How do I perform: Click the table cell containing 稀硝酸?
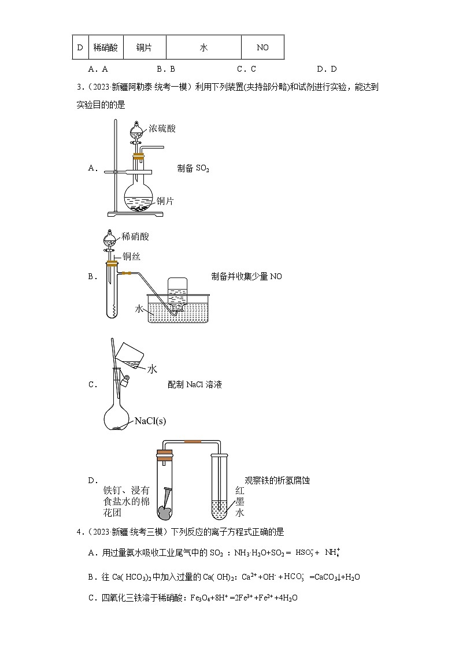[105, 48]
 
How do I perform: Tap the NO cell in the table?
[262, 48]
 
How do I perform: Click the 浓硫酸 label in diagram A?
[162, 128]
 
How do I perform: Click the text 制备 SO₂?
[193, 168]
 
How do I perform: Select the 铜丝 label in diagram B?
[131, 257]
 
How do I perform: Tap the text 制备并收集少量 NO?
[247, 276]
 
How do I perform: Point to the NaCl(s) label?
[150, 421]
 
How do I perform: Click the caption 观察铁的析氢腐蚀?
[277, 480]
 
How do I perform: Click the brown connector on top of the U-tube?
[193, 442]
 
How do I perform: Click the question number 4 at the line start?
[79, 532]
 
